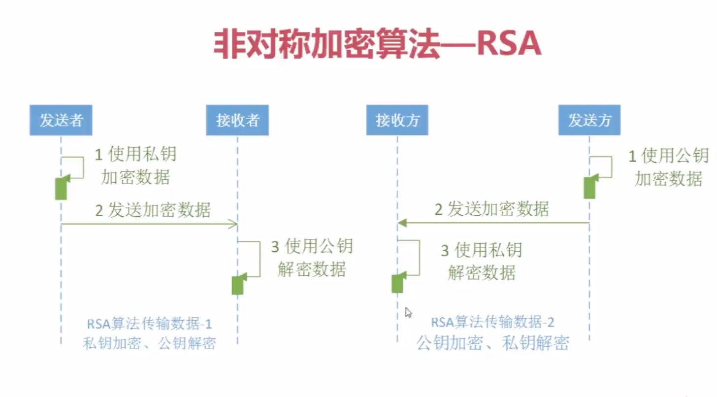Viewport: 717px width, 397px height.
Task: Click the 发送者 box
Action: tap(61, 120)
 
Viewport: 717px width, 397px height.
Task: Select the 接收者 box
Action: tap(237, 120)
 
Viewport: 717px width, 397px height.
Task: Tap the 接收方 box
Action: tap(397, 120)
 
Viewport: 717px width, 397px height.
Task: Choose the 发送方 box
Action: tap(589, 120)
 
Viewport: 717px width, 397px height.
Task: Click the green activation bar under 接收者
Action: tap(238, 285)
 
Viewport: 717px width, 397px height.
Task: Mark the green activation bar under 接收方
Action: tap(397, 283)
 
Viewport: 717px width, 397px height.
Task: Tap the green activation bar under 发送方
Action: tap(589, 187)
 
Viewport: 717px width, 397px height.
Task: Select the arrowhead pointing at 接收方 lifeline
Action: tap(401, 223)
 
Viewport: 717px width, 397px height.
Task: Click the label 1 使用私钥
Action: tap(135, 155)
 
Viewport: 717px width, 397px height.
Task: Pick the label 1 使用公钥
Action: tap(668, 157)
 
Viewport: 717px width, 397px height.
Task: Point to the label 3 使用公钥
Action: tap(312, 246)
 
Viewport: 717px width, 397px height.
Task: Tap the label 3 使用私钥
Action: tap(481, 250)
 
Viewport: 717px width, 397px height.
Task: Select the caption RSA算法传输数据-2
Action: tap(492, 323)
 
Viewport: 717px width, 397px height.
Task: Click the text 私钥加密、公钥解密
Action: tap(149, 343)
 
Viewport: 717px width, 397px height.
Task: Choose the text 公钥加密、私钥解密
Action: tap(492, 342)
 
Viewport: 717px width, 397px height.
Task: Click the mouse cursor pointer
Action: tap(408, 312)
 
